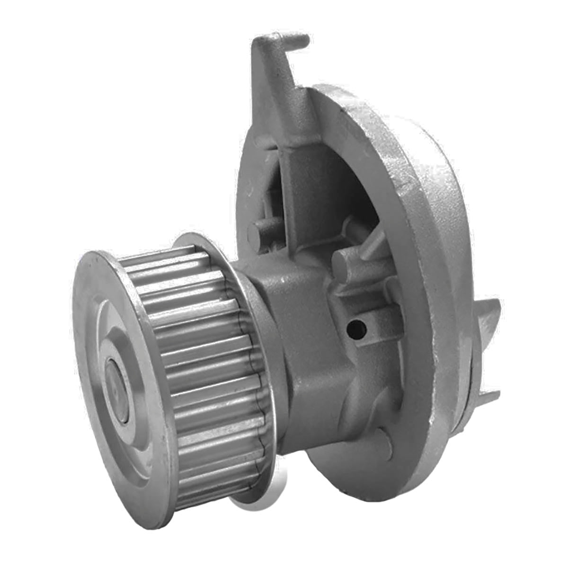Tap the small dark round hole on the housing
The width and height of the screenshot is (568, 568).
[358, 327]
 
